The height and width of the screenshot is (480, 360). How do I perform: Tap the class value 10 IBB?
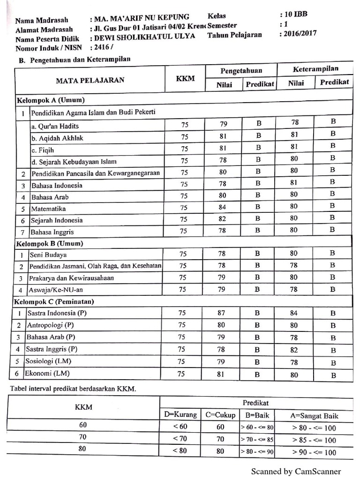click(x=296, y=15)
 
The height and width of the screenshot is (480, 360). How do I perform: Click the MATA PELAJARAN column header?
click(x=90, y=80)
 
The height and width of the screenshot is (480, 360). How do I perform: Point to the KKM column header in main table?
click(x=185, y=78)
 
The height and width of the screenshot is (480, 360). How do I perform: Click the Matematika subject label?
click(x=48, y=209)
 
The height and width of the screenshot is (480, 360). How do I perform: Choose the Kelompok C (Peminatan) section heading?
click(x=55, y=301)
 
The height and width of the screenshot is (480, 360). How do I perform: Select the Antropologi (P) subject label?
click(x=50, y=325)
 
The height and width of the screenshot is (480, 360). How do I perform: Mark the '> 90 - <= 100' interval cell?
click(x=314, y=452)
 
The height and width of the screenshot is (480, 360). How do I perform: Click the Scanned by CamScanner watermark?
click(x=296, y=471)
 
